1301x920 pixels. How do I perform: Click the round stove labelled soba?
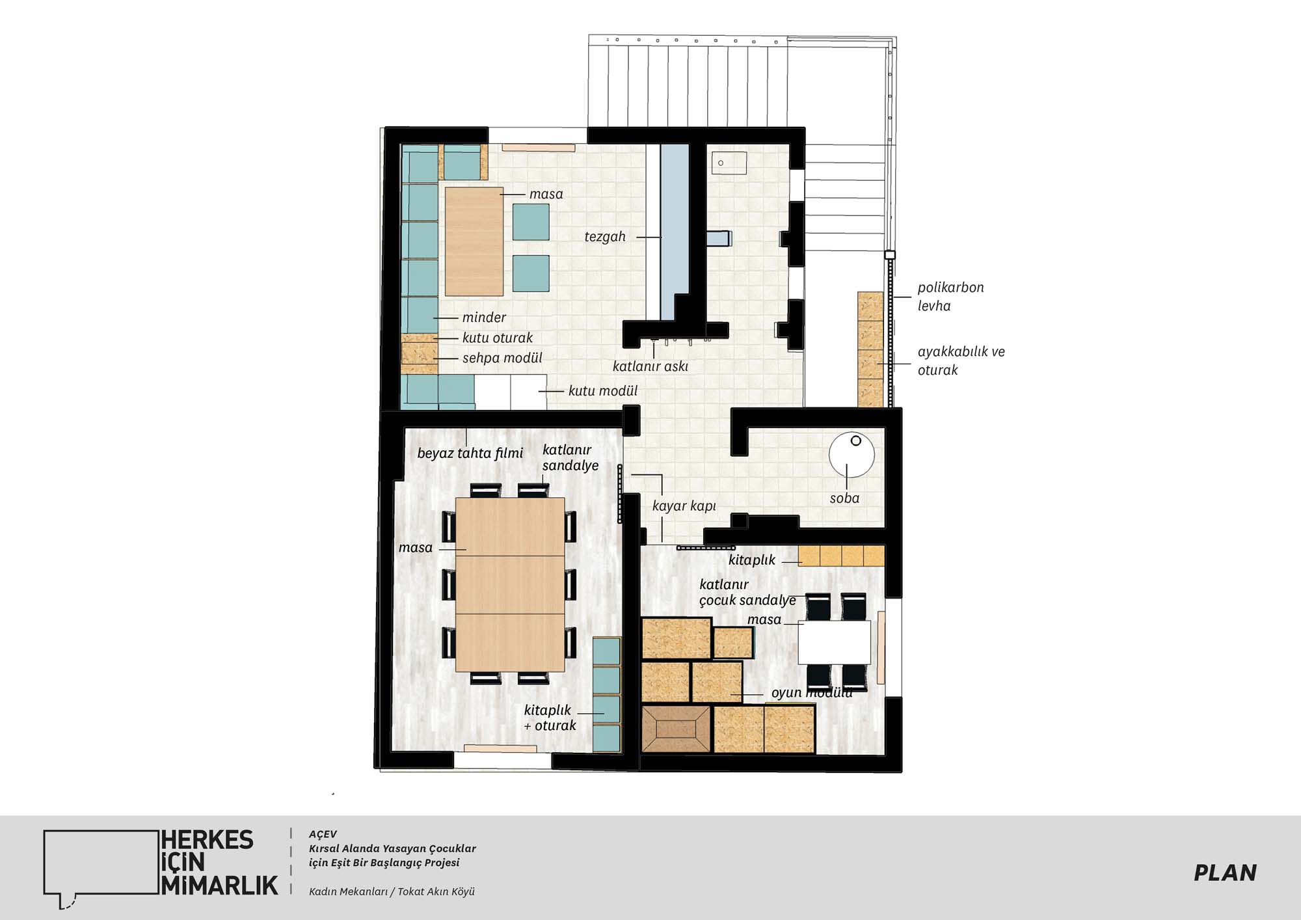click(x=852, y=455)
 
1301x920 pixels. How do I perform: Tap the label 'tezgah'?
click(x=605, y=237)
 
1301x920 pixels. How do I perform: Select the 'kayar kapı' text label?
click(x=684, y=506)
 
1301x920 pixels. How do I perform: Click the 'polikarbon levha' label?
click(x=950, y=297)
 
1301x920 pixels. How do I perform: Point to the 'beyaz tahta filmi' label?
click(x=470, y=453)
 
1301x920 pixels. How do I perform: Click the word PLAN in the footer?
click(x=1225, y=873)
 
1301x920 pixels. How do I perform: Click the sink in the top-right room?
click(x=729, y=163)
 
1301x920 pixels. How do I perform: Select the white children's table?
click(x=835, y=642)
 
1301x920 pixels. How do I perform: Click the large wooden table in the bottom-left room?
click(x=510, y=584)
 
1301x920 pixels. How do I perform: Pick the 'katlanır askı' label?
click(x=650, y=366)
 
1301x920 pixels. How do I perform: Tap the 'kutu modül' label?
click(x=603, y=391)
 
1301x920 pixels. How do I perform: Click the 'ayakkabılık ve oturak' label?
click(x=961, y=361)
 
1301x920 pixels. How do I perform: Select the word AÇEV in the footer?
click(x=323, y=834)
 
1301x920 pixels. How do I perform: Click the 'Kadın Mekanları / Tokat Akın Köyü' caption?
click(x=392, y=891)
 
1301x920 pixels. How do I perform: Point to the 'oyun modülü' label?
click(x=812, y=693)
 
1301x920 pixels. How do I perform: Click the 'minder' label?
click(x=484, y=318)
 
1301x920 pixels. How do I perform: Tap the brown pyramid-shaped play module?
click(x=676, y=729)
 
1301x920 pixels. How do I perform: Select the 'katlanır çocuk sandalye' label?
click(x=747, y=593)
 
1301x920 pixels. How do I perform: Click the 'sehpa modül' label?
click(x=502, y=358)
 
